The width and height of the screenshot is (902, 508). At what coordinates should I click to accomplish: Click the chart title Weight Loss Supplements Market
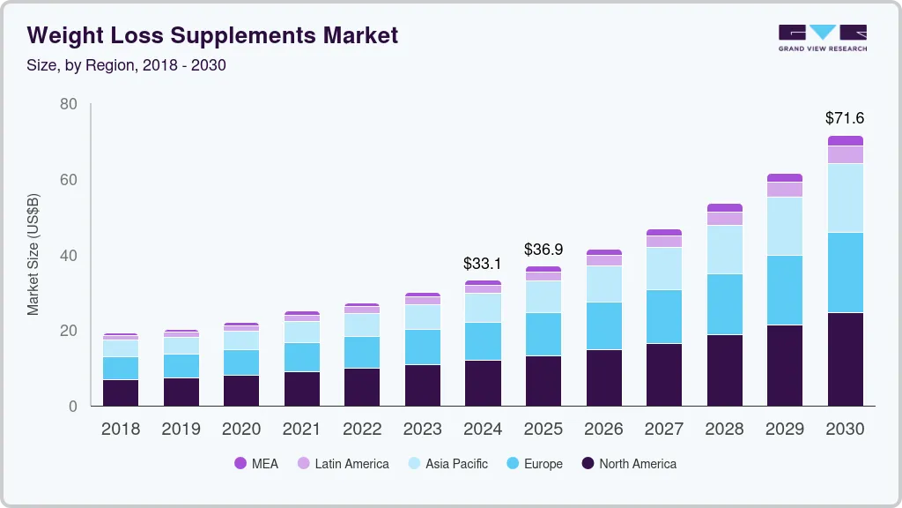pos(212,35)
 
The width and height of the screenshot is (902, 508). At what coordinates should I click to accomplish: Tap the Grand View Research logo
pos(822,37)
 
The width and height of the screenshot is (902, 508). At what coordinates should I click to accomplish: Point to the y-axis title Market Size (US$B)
pos(33,255)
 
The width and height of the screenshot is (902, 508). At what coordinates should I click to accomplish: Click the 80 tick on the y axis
pos(68,105)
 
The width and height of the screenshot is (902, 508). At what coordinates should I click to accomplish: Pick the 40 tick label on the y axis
pos(68,256)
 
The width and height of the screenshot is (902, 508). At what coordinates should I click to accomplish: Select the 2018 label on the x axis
pos(120,430)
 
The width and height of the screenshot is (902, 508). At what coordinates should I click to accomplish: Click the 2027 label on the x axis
pos(663,430)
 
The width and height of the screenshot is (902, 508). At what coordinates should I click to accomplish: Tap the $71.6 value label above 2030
pos(845,117)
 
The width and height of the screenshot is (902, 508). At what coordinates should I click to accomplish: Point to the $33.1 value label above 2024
pos(483,263)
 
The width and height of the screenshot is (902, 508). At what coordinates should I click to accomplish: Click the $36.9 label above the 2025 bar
pos(543,250)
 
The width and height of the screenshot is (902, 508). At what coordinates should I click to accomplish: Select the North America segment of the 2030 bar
pos(845,359)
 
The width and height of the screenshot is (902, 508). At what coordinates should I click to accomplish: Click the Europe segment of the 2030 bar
pos(845,273)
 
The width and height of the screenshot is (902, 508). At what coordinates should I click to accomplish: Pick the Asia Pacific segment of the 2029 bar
pos(784,226)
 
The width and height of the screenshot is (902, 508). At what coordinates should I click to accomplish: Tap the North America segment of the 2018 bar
pos(120,392)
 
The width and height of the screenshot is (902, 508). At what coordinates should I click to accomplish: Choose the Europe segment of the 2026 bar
pos(603,326)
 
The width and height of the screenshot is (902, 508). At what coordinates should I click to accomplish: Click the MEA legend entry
pos(256,464)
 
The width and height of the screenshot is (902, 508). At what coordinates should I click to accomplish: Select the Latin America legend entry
pos(343,464)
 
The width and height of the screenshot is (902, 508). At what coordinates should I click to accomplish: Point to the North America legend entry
pos(629,464)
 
